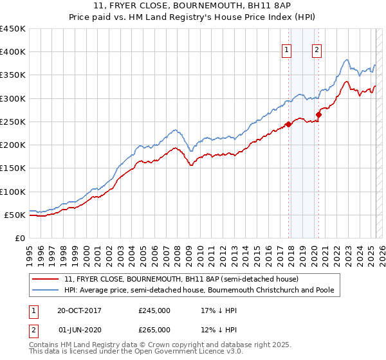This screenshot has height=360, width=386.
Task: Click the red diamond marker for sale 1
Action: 288,125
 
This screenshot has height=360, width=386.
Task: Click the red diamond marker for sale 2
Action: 318,115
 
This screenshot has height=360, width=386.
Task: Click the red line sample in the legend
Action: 46,280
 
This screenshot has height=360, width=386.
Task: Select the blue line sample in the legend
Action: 46,291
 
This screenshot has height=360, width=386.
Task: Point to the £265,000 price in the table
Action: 154,330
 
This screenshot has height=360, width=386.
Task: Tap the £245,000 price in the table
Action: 154,310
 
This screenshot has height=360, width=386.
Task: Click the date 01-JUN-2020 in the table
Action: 79,330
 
